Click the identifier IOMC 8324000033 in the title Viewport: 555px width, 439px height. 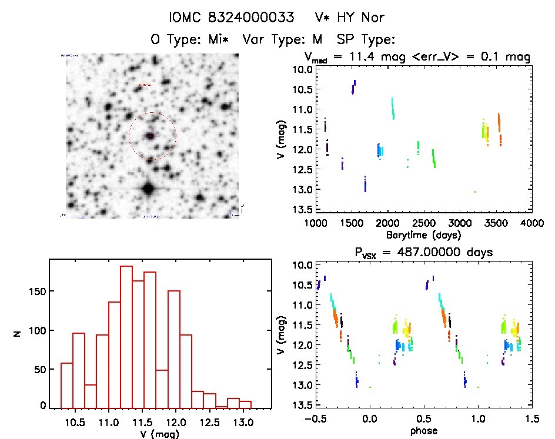coord(231,18)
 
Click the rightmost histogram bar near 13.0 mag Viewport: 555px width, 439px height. coord(245,404)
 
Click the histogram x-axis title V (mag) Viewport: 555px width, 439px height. coord(159,434)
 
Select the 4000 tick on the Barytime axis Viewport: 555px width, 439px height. coord(533,223)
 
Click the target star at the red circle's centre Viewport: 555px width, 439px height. coord(152,136)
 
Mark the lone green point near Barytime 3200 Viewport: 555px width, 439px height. coord(475,192)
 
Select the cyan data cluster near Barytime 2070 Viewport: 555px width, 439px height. coord(393,109)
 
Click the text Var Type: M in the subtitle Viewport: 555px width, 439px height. coord(283,39)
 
